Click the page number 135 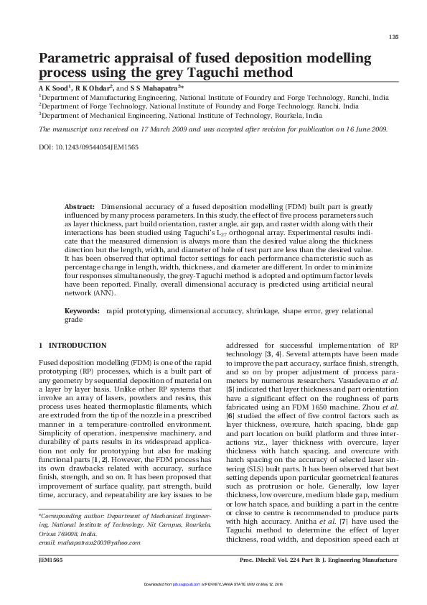point(393,37)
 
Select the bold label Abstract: point(80,205)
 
